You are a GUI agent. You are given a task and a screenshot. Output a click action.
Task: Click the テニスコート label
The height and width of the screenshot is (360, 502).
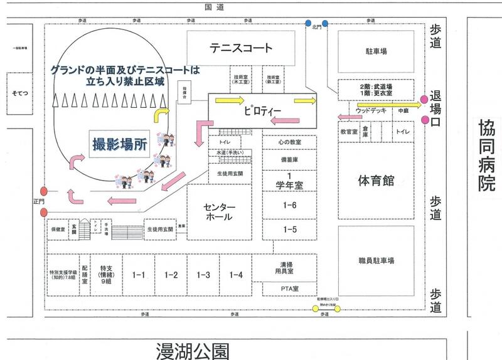tap(241, 48)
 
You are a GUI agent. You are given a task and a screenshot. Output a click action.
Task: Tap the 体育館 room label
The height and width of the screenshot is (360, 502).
tap(376, 181)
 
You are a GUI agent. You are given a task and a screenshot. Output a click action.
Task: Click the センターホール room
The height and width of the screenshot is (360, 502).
tap(219, 212)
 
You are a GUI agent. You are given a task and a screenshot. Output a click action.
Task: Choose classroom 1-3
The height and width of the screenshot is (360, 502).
tap(203, 275)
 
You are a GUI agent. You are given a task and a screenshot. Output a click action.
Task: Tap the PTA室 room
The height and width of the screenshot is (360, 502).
tap(289, 288)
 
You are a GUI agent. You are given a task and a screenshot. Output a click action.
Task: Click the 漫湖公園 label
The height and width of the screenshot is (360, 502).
tap(192, 350)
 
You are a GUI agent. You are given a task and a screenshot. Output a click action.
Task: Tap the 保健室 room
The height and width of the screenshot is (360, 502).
tap(57, 230)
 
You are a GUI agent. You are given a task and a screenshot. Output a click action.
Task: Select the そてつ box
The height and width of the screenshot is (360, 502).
tap(18, 93)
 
